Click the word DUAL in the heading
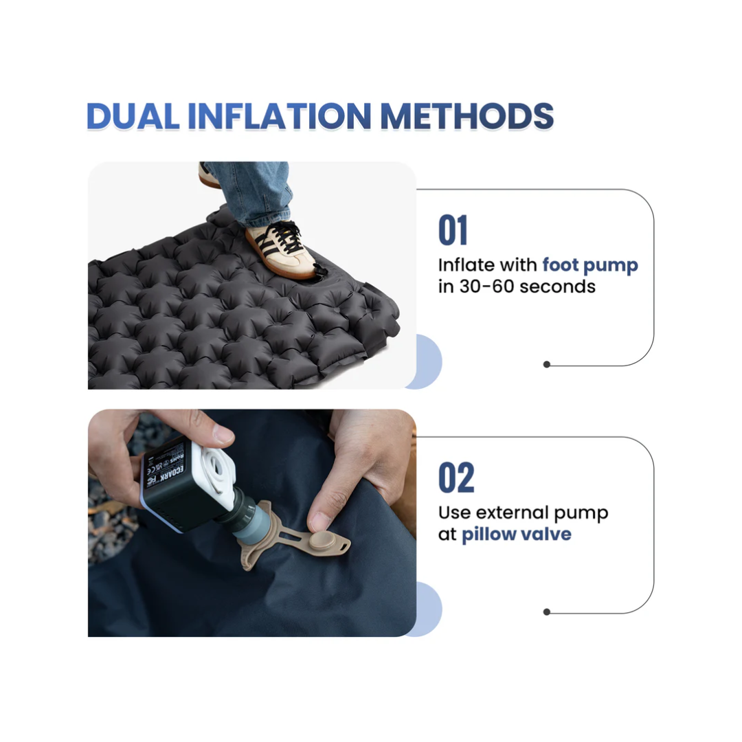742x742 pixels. click(x=133, y=116)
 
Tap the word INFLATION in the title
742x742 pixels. click(x=279, y=116)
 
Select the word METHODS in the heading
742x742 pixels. click(x=467, y=116)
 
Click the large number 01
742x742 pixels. click(x=453, y=230)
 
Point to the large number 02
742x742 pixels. click(x=456, y=477)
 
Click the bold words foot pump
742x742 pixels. click(x=590, y=265)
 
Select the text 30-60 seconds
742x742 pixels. click(x=528, y=286)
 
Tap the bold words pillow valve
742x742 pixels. click(x=516, y=535)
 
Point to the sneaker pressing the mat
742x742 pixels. click(x=280, y=250)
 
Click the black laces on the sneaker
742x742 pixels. click(x=283, y=237)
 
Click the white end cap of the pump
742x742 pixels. click(x=213, y=474)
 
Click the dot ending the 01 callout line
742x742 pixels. click(x=547, y=364)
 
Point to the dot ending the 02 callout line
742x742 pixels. click(x=547, y=612)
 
